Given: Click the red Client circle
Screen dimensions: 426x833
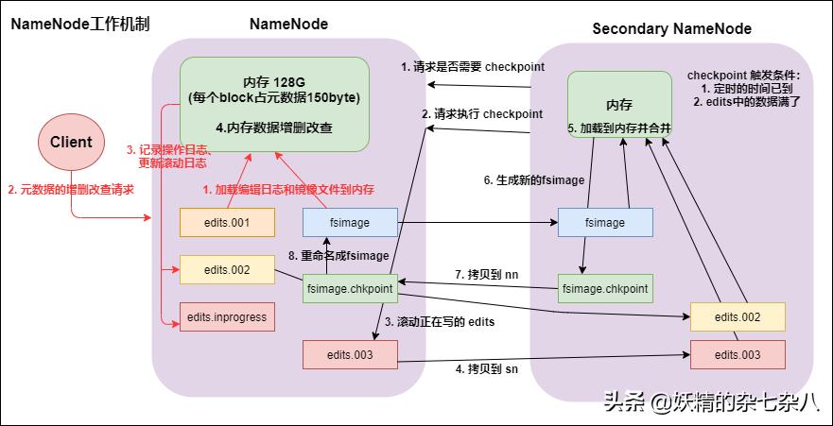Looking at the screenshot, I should click(71, 143).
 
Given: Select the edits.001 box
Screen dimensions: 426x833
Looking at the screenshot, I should click(227, 222).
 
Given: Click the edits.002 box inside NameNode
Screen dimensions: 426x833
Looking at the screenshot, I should click(227, 270).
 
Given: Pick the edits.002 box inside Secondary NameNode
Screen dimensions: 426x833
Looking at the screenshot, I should click(738, 317).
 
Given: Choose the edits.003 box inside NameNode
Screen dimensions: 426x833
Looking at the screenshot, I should click(350, 354).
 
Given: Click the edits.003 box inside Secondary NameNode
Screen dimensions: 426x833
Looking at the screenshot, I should click(738, 354).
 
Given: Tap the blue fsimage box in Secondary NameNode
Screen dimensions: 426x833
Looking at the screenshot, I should click(605, 223).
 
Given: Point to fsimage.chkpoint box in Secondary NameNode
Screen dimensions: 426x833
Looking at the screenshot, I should click(605, 287).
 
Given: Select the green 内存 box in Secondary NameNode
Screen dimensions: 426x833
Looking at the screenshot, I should click(618, 105).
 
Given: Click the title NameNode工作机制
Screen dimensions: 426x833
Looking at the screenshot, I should click(80, 24).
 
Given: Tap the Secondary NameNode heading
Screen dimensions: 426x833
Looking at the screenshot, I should click(671, 28).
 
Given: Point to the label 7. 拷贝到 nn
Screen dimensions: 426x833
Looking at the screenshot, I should click(486, 274).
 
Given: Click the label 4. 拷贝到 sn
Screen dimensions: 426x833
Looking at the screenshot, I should click(486, 368).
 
